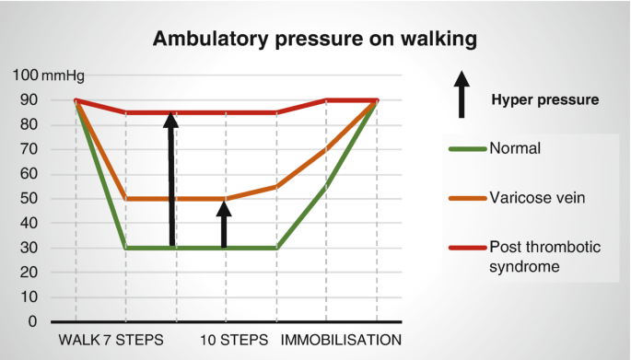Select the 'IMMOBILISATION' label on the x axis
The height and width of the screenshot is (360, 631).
pos(341,340)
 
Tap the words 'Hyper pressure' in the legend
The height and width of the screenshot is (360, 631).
pos(545,99)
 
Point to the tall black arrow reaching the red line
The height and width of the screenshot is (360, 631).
pos(170,179)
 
